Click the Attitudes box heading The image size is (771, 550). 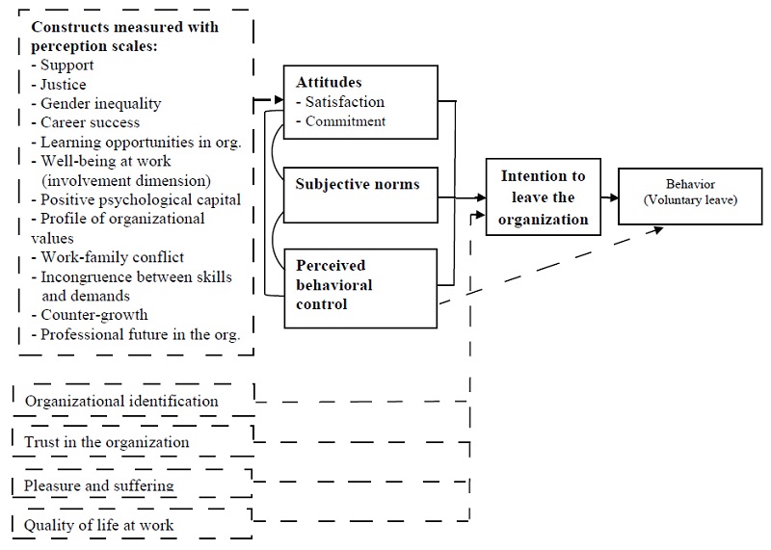(329, 83)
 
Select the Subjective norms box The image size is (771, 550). (359, 183)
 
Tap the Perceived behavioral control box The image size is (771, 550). (359, 284)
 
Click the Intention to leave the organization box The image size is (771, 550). (543, 197)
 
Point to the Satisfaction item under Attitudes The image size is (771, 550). (343, 102)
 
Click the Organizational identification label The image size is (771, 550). (121, 401)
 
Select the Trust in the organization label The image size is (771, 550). (107, 442)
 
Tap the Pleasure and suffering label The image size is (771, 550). (99, 485)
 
